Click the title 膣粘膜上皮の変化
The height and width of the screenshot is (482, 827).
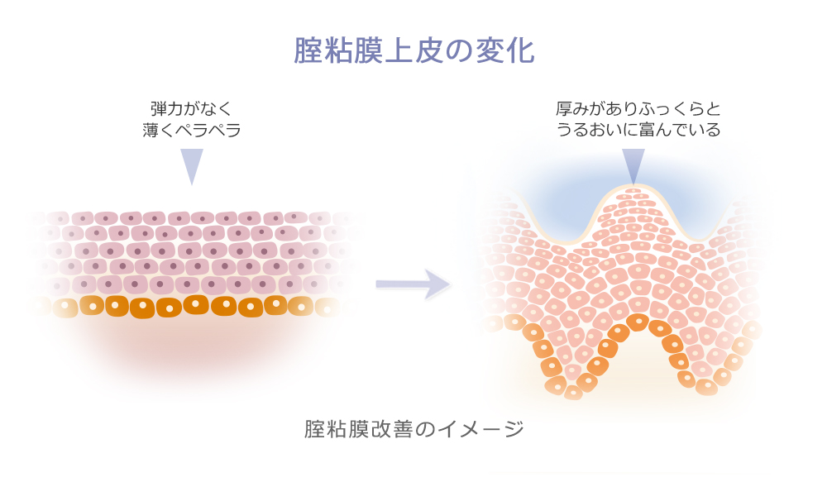(413, 50)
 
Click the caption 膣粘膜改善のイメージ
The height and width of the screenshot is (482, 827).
(413, 430)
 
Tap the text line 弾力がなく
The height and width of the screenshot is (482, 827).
(191, 108)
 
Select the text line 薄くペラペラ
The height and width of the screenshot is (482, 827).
(191, 130)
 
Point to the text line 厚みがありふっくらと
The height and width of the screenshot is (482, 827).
(638, 108)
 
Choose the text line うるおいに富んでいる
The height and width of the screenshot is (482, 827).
(638, 130)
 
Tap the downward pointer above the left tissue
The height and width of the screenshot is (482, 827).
(192, 165)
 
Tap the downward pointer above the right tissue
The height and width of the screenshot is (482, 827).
(633, 165)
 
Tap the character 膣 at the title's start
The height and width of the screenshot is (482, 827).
(308, 50)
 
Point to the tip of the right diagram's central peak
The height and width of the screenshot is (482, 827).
(633, 189)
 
